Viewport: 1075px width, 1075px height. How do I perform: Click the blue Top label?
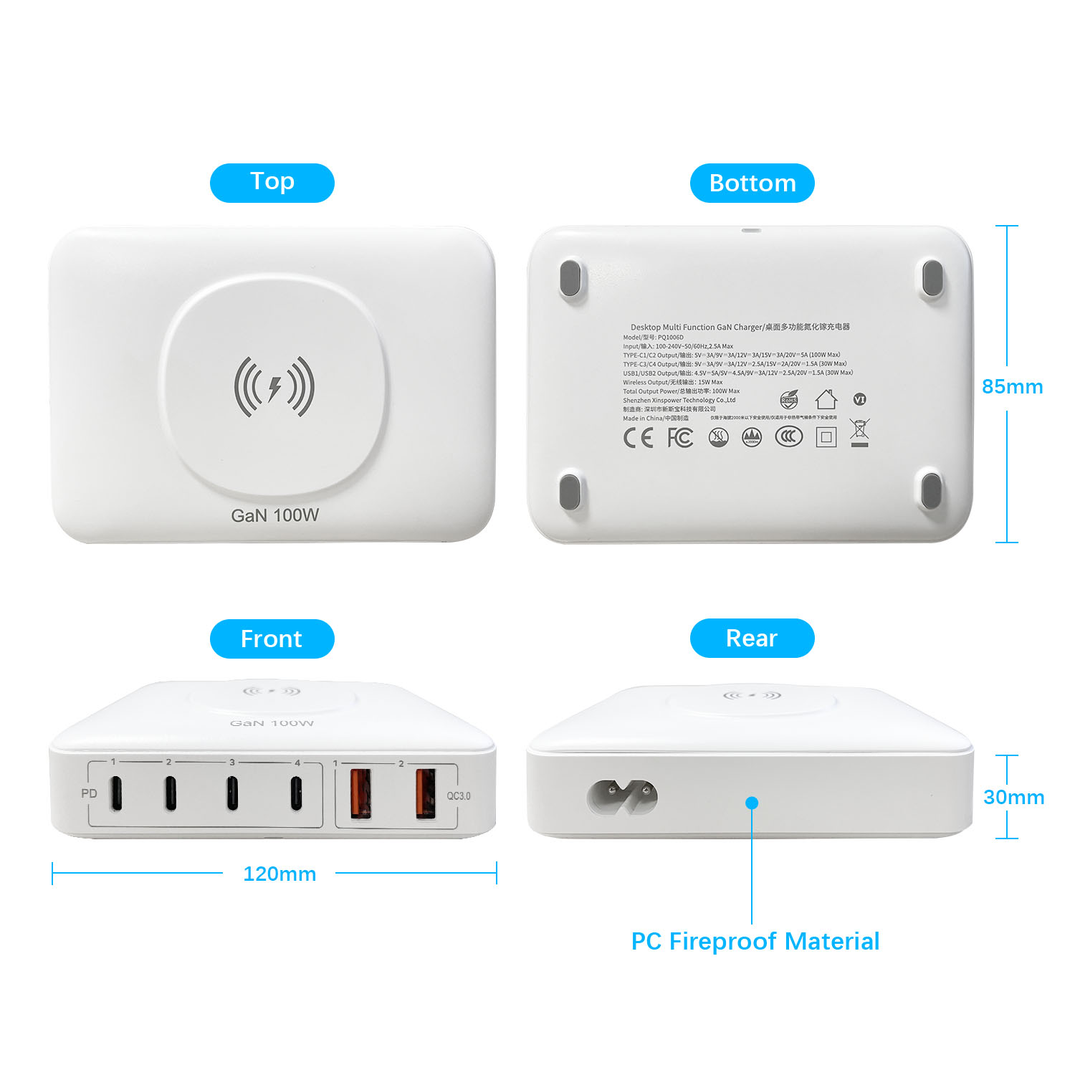[x=272, y=182]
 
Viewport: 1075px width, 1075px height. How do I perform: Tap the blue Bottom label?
[x=752, y=183]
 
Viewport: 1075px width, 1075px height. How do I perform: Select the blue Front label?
[x=272, y=639]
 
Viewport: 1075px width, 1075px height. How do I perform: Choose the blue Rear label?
[x=752, y=638]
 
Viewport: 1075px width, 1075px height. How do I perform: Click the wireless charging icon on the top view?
[x=274, y=387]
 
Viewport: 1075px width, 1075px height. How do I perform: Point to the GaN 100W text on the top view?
[x=274, y=515]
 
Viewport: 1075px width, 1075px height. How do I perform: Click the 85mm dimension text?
[x=1012, y=387]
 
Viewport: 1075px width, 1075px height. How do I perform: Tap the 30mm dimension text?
[x=1013, y=797]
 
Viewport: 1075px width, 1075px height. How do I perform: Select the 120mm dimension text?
[x=279, y=874]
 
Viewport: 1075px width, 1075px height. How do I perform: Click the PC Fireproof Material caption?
[x=755, y=941]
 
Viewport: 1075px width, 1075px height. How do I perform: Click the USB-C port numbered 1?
[x=116, y=793]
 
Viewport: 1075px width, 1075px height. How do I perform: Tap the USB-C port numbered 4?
[x=296, y=793]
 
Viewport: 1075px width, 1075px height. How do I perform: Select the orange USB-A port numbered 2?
[x=426, y=793]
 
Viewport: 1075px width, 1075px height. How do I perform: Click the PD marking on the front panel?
[x=89, y=793]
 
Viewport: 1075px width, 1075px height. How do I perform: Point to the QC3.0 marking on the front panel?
[x=459, y=795]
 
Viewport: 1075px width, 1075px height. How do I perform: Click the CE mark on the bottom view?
[x=638, y=437]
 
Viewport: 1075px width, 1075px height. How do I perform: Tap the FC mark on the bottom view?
[x=680, y=437]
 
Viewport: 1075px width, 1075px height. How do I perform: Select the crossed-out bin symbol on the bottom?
[x=859, y=432]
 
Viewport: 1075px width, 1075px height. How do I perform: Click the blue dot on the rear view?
[x=752, y=803]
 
